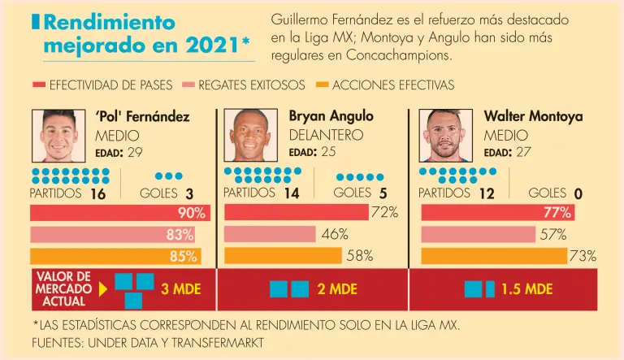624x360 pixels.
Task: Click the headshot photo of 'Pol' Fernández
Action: point(58,136)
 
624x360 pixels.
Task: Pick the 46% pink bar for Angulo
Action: point(270,234)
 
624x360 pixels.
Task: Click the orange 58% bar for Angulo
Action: point(283,255)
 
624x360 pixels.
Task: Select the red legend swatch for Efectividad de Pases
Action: point(39,85)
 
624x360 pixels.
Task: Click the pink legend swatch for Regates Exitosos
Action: point(188,85)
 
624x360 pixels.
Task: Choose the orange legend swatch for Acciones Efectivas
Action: point(323,85)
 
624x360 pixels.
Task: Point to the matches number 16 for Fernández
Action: point(98,193)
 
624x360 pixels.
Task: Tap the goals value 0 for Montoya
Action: point(578,193)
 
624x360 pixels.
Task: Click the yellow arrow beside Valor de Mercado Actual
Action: point(102,288)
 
